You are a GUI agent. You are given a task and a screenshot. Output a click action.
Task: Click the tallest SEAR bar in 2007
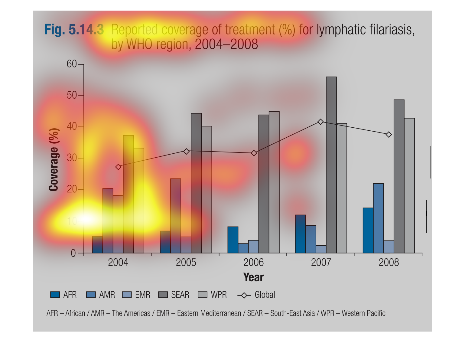(331, 165)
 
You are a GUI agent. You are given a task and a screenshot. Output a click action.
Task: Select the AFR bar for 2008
(368, 230)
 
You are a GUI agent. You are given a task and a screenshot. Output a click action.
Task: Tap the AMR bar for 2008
(378, 218)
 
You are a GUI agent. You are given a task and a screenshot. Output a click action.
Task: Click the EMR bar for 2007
(321, 249)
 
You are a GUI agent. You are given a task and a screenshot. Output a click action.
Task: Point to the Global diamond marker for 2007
(320, 122)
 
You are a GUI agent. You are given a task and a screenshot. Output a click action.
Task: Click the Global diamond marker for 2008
(389, 135)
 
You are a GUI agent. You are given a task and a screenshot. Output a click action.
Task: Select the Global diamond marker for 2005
(186, 151)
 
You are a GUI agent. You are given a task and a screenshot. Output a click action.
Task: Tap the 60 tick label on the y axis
(72, 64)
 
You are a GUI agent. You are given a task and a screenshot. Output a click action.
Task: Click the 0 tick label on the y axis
(73, 253)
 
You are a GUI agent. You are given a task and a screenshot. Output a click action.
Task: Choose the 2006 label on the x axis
(253, 262)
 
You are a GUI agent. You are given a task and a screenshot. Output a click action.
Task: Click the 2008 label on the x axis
(389, 262)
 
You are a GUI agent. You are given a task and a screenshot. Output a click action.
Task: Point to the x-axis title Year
(253, 277)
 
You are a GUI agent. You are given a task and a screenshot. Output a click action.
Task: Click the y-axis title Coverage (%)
(54, 159)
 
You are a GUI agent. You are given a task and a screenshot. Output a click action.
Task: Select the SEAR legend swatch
(163, 295)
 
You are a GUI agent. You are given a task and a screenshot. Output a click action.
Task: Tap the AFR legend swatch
(55, 295)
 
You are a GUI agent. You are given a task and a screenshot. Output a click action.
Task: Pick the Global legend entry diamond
(244, 295)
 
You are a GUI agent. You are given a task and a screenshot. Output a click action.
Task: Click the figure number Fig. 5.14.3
(74, 30)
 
